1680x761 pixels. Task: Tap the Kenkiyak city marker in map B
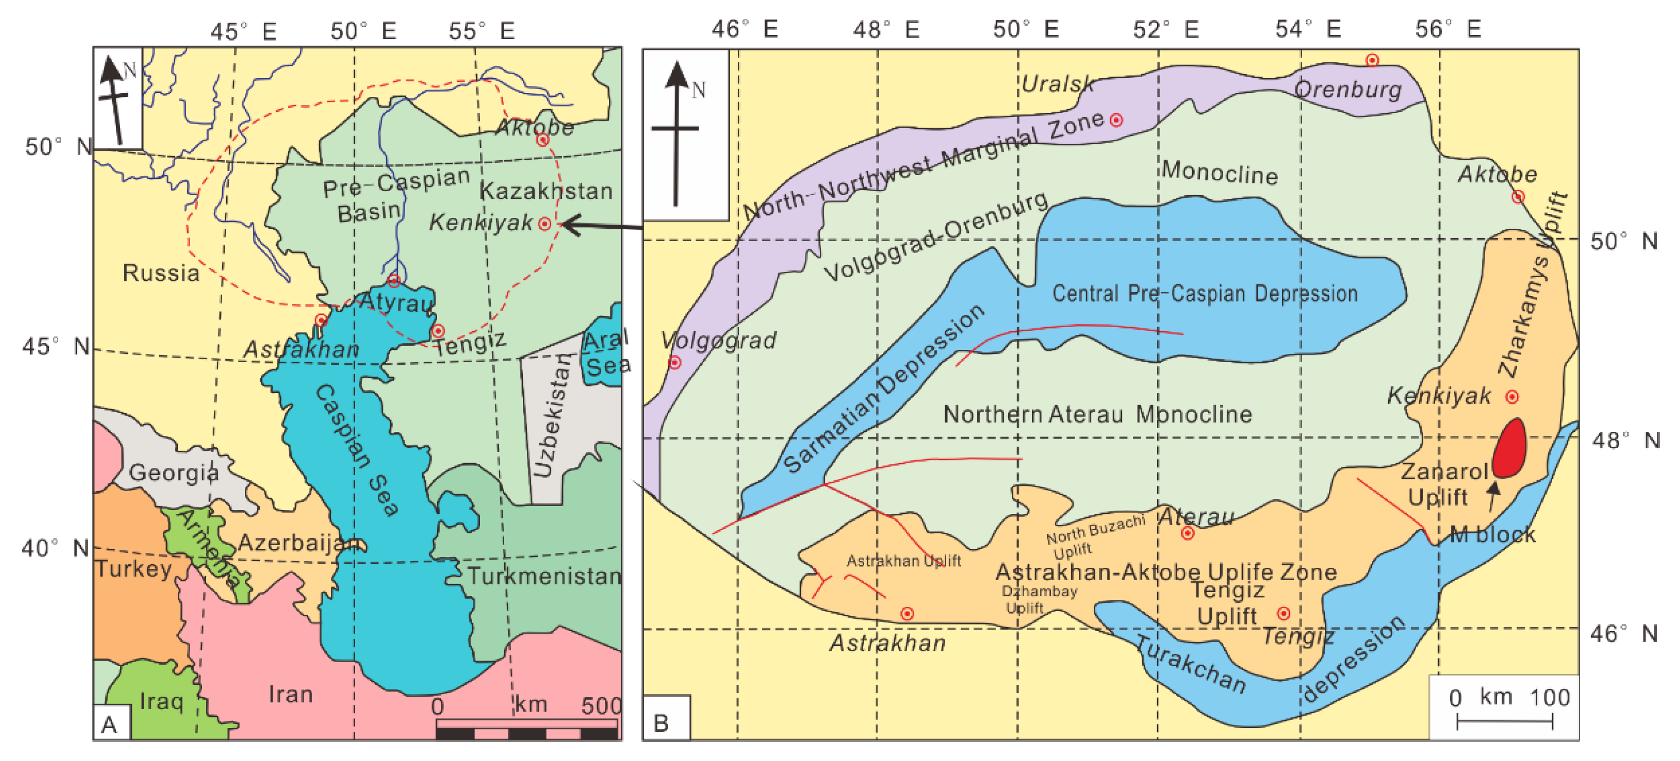tap(1512, 396)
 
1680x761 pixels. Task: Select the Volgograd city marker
tap(675, 362)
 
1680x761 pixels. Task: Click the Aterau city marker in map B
tap(1188, 533)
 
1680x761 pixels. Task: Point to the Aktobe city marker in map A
tap(543, 140)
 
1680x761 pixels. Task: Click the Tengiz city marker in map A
tap(438, 331)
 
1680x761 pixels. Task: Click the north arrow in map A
tap(116, 98)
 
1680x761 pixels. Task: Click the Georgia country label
tap(173, 472)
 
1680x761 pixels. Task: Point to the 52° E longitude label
tap(1165, 29)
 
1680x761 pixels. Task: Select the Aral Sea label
tap(606, 352)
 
